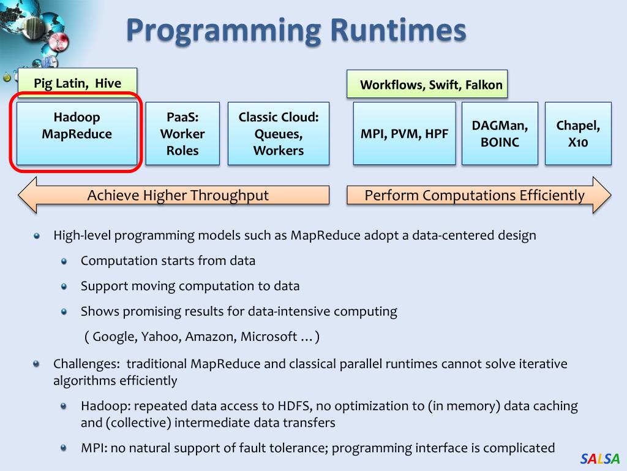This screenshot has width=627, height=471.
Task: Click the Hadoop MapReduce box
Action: [x=77, y=134]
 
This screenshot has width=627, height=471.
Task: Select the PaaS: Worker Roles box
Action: [x=182, y=134]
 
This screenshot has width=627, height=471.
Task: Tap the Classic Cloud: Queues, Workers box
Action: [x=279, y=134]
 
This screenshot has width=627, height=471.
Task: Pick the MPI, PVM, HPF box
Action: [x=404, y=134]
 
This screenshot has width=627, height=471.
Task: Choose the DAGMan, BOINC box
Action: [x=500, y=134]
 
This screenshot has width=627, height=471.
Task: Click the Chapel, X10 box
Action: [x=578, y=134]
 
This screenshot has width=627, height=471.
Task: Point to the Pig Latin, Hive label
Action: [x=77, y=83]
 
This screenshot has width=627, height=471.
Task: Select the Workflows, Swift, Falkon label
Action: [x=431, y=85]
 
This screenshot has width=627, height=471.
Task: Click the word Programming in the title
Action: [x=223, y=31]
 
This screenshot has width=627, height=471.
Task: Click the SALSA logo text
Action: [x=600, y=458]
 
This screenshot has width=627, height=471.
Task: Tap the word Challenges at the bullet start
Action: [x=86, y=364]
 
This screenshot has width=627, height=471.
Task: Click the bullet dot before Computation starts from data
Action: [x=64, y=261]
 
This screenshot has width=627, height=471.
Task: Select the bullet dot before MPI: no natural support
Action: [x=64, y=448]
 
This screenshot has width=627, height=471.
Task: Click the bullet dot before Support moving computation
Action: [x=64, y=286]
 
